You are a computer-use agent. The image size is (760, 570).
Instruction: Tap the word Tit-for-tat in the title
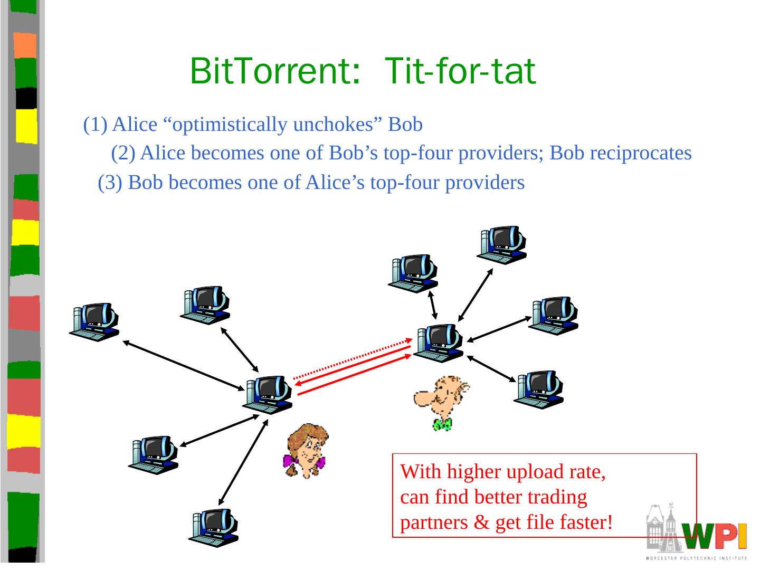click(461, 72)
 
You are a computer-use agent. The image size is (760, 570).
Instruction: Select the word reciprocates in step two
click(640, 153)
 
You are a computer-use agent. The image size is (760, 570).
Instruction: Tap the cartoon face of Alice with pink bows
click(306, 451)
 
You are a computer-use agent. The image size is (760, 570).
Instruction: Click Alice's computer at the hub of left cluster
click(268, 395)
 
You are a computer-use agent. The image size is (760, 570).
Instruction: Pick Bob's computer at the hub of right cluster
click(439, 343)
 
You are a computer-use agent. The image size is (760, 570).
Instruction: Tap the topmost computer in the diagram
click(502, 245)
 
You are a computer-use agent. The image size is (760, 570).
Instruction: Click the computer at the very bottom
click(214, 527)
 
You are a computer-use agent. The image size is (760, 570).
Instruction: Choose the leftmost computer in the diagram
click(94, 322)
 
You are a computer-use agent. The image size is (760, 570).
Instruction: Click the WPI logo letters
click(714, 536)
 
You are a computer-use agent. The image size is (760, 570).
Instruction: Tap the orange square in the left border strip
click(25, 45)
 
